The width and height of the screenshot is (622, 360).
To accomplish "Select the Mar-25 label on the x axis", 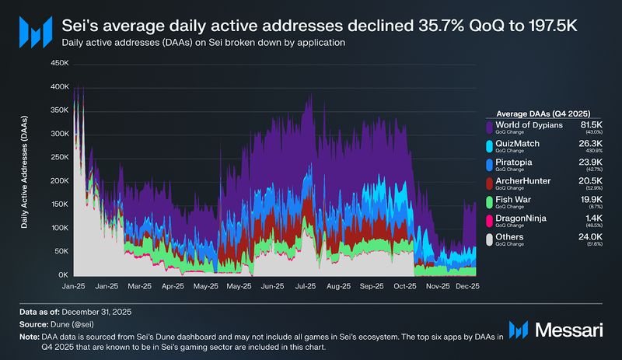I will (140, 286).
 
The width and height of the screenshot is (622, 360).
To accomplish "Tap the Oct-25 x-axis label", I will (404, 286).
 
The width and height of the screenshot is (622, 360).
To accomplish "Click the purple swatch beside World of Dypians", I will (489, 126).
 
